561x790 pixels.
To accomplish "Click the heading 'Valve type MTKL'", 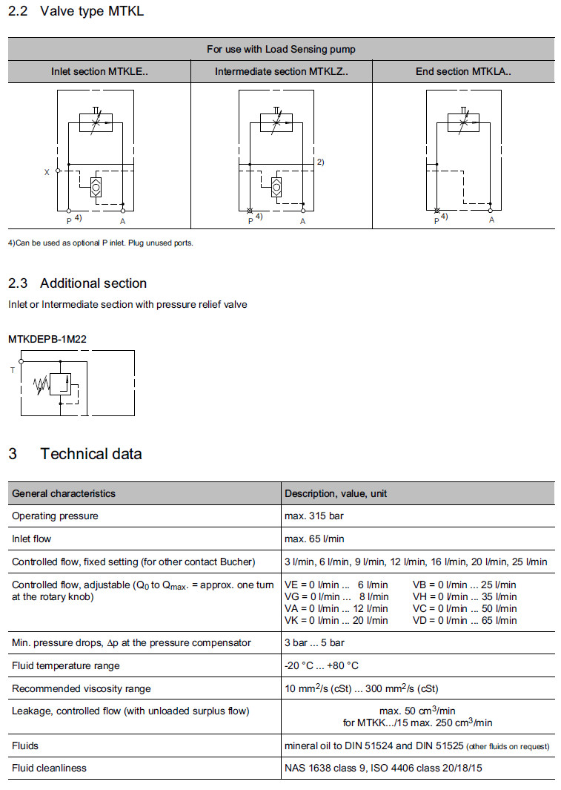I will (92, 11).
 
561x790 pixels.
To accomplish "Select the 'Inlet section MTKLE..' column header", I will (99, 72).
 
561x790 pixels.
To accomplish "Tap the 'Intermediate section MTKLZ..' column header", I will (281, 72).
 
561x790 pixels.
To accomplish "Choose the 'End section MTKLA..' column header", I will (463, 72).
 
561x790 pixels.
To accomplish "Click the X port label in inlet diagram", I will (47, 171).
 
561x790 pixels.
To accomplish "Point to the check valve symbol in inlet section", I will (96, 187).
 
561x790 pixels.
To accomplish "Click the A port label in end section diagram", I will (491, 220).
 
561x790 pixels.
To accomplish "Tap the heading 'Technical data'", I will (90, 454).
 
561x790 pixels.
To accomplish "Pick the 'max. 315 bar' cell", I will (313, 516).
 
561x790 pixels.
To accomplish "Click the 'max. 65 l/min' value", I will (314, 539).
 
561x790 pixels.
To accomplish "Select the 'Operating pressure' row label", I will (55, 516).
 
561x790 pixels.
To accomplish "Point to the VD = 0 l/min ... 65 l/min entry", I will (465, 620).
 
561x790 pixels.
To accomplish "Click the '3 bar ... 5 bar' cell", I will (314, 642).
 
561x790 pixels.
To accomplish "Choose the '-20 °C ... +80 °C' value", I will (322, 665).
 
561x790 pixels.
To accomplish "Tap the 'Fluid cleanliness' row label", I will (49, 768).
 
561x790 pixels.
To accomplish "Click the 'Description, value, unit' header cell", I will (336, 493).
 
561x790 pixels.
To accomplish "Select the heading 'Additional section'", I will (93, 283).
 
